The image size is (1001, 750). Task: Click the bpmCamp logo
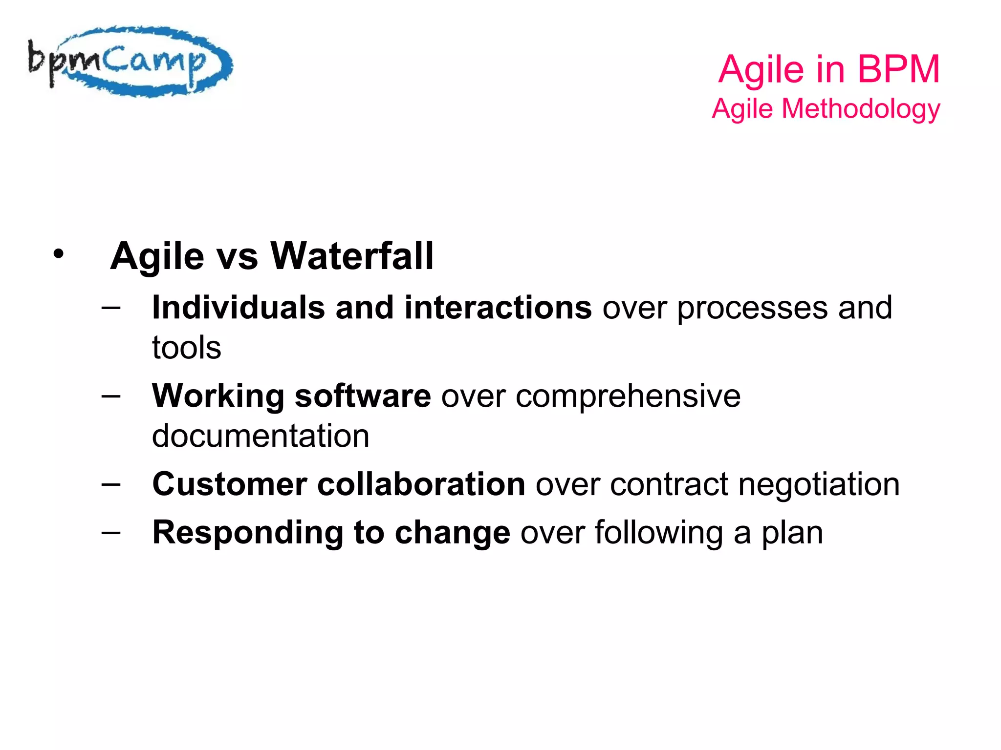point(130,62)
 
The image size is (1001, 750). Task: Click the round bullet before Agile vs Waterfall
point(59,254)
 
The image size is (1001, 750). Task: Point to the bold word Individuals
point(239,308)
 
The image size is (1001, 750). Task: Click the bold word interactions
point(498,308)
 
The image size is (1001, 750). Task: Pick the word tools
point(186,348)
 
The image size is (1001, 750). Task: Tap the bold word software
point(363,396)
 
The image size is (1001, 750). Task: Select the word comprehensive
point(628,396)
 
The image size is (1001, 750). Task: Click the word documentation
point(261,436)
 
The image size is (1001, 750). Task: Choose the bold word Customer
point(230,484)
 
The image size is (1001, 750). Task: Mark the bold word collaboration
point(421,484)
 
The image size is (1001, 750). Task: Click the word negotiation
point(819,484)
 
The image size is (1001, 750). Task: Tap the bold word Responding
point(248,533)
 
